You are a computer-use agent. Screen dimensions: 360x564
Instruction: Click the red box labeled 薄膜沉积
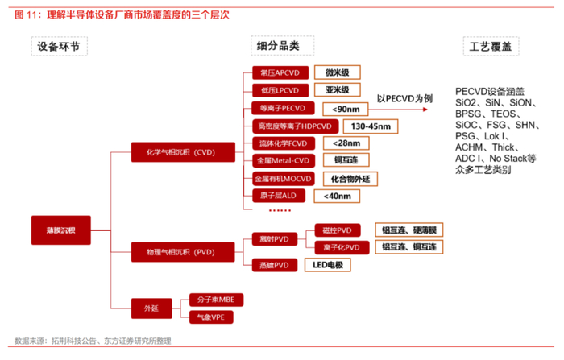[60, 230]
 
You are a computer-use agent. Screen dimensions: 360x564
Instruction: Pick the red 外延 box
[151, 308]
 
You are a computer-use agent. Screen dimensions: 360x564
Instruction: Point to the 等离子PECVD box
[282, 108]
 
